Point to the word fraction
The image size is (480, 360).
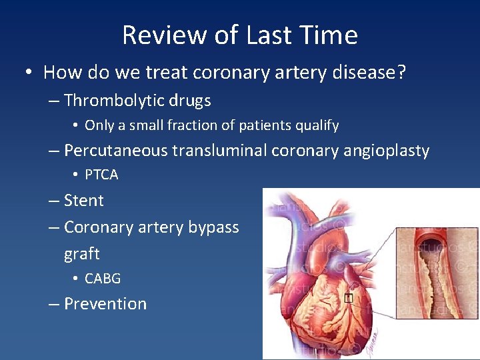coord(197,125)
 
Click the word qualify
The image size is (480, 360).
coord(316,125)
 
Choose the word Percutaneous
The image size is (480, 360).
coord(116,151)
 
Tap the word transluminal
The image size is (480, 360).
coord(219,151)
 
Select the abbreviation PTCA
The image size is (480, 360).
coord(101,175)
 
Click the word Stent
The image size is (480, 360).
coord(84,201)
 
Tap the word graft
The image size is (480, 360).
coord(81,254)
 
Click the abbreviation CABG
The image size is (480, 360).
coord(103,278)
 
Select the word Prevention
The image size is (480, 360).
coord(105,303)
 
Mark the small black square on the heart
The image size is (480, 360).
coord(348,298)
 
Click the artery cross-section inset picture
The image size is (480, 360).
coord(437,273)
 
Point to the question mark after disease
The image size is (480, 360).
coord(400,72)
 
